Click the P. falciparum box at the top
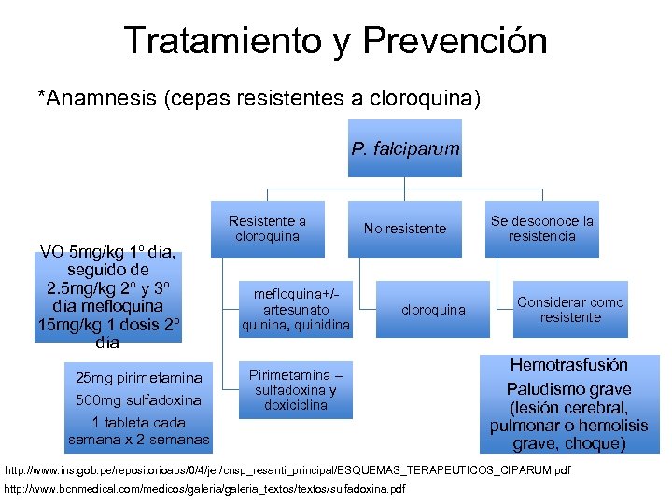tap(405, 148)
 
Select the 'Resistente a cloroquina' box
tap(267, 229)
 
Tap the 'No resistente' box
tap(405, 229)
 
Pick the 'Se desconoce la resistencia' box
tap(541, 229)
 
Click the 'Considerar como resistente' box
tap(570, 310)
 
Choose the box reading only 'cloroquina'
tap(433, 310)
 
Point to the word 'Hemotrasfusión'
tap(568, 365)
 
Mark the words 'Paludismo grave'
tap(568, 389)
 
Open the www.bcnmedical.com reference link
tap(205, 489)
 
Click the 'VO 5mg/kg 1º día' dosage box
tap(111, 296)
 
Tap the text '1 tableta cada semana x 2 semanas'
tap(138, 430)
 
